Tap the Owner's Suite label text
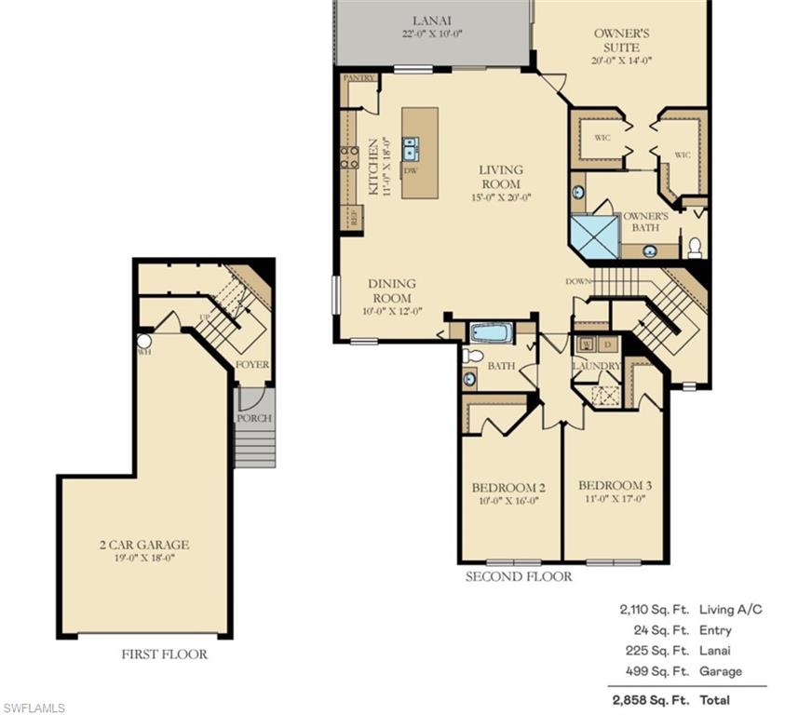(x=621, y=39)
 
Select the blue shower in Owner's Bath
(x=593, y=236)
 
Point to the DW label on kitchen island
(x=410, y=170)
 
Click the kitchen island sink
(x=410, y=148)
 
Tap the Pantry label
(x=359, y=78)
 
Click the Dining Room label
(x=391, y=290)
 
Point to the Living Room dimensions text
(x=500, y=197)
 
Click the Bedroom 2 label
(x=508, y=488)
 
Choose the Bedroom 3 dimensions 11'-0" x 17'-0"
(x=615, y=499)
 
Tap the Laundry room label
(x=596, y=366)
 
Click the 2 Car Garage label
(x=144, y=545)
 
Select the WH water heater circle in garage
(x=144, y=341)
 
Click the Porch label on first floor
(x=253, y=418)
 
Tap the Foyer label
(x=252, y=365)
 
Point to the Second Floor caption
(x=519, y=576)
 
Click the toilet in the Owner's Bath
(x=695, y=248)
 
